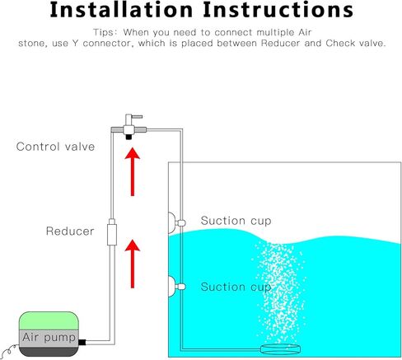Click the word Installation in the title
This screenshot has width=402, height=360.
pyautogui.click(x=121, y=10)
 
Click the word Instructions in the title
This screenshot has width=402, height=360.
pyautogui.click(x=278, y=10)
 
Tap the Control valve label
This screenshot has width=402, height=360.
pyautogui.click(x=55, y=147)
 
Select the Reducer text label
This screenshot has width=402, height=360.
pyautogui.click(x=70, y=231)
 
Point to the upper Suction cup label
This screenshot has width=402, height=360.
pyautogui.click(x=236, y=221)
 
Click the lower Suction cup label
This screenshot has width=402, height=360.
pyautogui.click(x=236, y=287)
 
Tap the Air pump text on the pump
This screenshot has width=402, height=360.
pyautogui.click(x=49, y=338)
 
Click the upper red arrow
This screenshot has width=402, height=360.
pyautogui.click(x=133, y=171)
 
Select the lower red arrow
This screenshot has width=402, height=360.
pyautogui.click(x=133, y=264)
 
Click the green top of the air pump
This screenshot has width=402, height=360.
pyautogui.click(x=49, y=320)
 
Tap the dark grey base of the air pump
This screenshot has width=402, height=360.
pyautogui.click(x=49, y=352)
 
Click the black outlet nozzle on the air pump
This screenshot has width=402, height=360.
pyautogui.click(x=82, y=342)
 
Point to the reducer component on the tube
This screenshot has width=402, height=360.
pyautogui.click(x=112, y=232)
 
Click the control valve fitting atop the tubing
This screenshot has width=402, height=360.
pyautogui.click(x=129, y=127)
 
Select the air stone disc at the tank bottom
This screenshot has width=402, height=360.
pyautogui.click(x=280, y=349)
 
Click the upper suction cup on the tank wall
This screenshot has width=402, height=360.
pyautogui.click(x=175, y=222)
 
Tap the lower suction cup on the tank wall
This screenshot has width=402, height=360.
pyautogui.click(x=175, y=287)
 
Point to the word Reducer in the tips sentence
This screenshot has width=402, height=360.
pyautogui.click(x=280, y=44)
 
